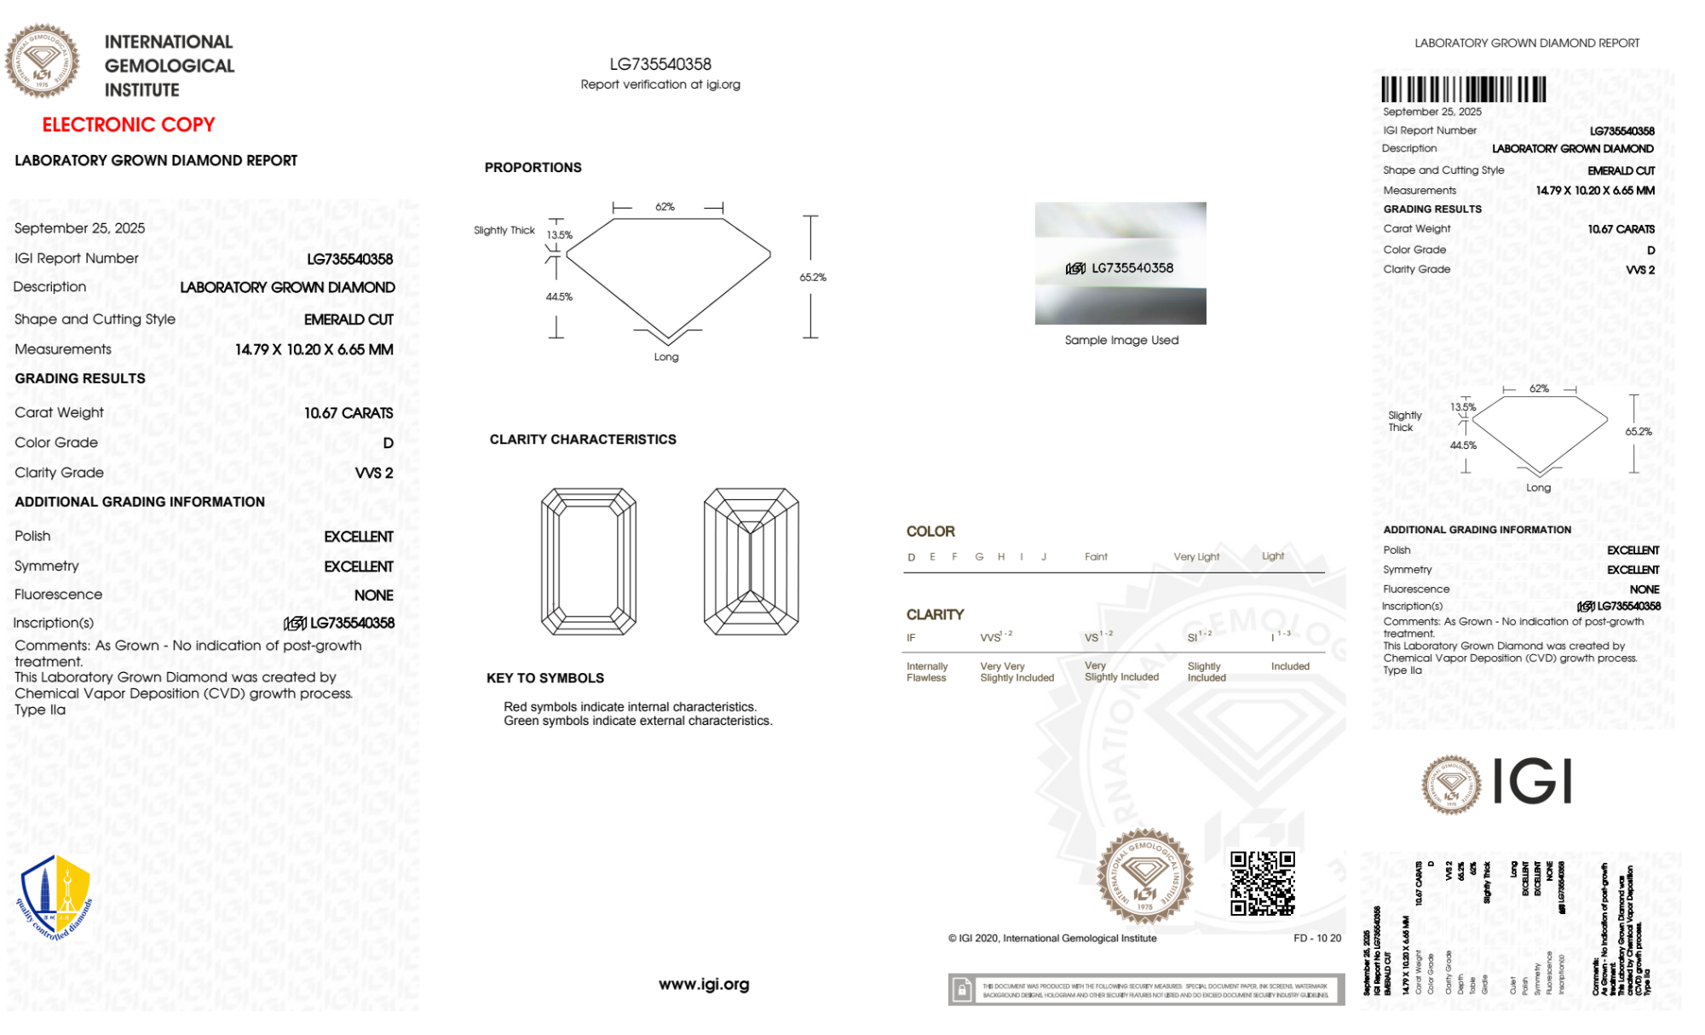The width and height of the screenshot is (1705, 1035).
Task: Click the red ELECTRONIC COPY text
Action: pyautogui.click(x=129, y=125)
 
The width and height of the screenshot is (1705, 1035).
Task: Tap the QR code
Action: pyautogui.click(x=1262, y=883)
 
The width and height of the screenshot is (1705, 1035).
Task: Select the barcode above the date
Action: pyautogui.click(x=1463, y=89)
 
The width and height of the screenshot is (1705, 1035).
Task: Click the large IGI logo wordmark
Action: pyautogui.click(x=1533, y=782)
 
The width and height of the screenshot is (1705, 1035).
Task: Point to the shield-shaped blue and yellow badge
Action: pyautogui.click(x=55, y=896)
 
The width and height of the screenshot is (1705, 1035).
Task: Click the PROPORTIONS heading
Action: pyautogui.click(x=533, y=168)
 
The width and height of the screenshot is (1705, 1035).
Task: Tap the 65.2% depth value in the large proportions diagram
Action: pyautogui.click(x=813, y=278)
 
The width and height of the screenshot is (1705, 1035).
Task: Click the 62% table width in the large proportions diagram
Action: pyautogui.click(x=665, y=207)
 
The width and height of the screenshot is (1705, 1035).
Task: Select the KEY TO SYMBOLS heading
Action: pyautogui.click(x=544, y=678)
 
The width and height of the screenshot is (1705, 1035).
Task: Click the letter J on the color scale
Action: pyautogui.click(x=1044, y=557)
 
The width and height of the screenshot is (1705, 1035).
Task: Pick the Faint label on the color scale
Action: pyautogui.click(x=1096, y=557)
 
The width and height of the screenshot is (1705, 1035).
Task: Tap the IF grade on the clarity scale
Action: pyautogui.click(x=911, y=638)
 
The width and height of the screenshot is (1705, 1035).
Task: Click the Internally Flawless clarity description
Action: pyautogui.click(x=926, y=672)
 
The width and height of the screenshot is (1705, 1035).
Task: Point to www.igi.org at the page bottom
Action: pyautogui.click(x=704, y=985)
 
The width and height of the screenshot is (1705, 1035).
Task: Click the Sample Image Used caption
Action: pyautogui.click(x=1121, y=341)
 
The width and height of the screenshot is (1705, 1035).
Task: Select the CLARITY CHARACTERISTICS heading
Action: pyautogui.click(x=583, y=440)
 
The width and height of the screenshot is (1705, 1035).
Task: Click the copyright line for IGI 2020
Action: pyautogui.click(x=1052, y=939)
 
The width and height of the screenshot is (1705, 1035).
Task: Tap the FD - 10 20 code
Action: pyautogui.click(x=1316, y=939)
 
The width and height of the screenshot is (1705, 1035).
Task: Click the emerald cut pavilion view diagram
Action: pyautogui.click(x=751, y=561)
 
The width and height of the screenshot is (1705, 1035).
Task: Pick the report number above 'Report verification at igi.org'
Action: pyautogui.click(x=660, y=65)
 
